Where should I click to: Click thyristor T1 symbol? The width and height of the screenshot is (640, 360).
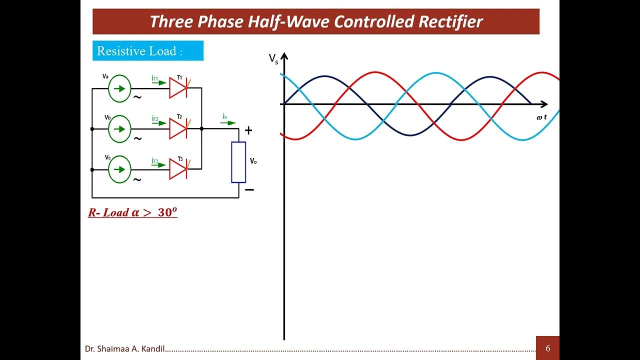click(178, 88)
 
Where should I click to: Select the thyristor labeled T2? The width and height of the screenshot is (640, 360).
click(178, 128)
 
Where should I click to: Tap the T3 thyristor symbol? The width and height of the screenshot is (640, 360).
click(178, 169)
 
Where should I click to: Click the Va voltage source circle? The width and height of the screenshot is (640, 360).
click(119, 88)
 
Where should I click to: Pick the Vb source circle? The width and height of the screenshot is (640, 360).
click(119, 128)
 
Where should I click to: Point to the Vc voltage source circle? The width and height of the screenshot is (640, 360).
click(119, 169)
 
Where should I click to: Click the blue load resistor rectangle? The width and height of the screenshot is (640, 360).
click(238, 162)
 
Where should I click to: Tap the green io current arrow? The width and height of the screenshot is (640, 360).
click(229, 122)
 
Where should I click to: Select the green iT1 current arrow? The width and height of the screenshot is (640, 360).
click(159, 82)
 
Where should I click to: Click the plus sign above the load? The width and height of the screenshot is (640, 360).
click(248, 131)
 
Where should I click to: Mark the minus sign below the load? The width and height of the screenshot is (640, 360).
click(249, 190)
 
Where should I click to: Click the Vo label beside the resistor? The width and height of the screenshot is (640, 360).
click(253, 161)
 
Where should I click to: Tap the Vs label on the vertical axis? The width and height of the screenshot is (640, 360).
click(273, 59)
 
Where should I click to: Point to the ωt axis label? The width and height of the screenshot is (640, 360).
click(541, 116)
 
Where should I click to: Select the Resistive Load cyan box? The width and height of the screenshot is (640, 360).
click(148, 51)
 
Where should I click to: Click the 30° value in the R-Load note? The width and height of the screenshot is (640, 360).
click(167, 212)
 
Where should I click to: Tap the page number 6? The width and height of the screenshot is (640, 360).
click(547, 348)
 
